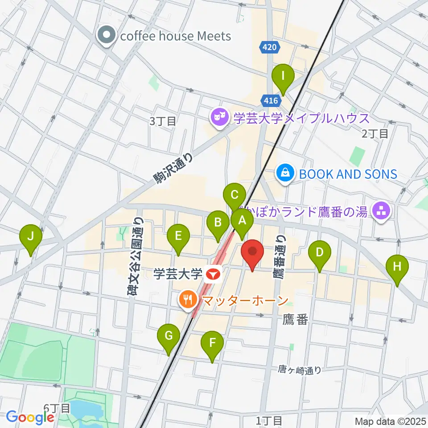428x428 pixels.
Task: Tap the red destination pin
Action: [252, 253]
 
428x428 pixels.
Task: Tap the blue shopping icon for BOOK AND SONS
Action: [285, 173]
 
